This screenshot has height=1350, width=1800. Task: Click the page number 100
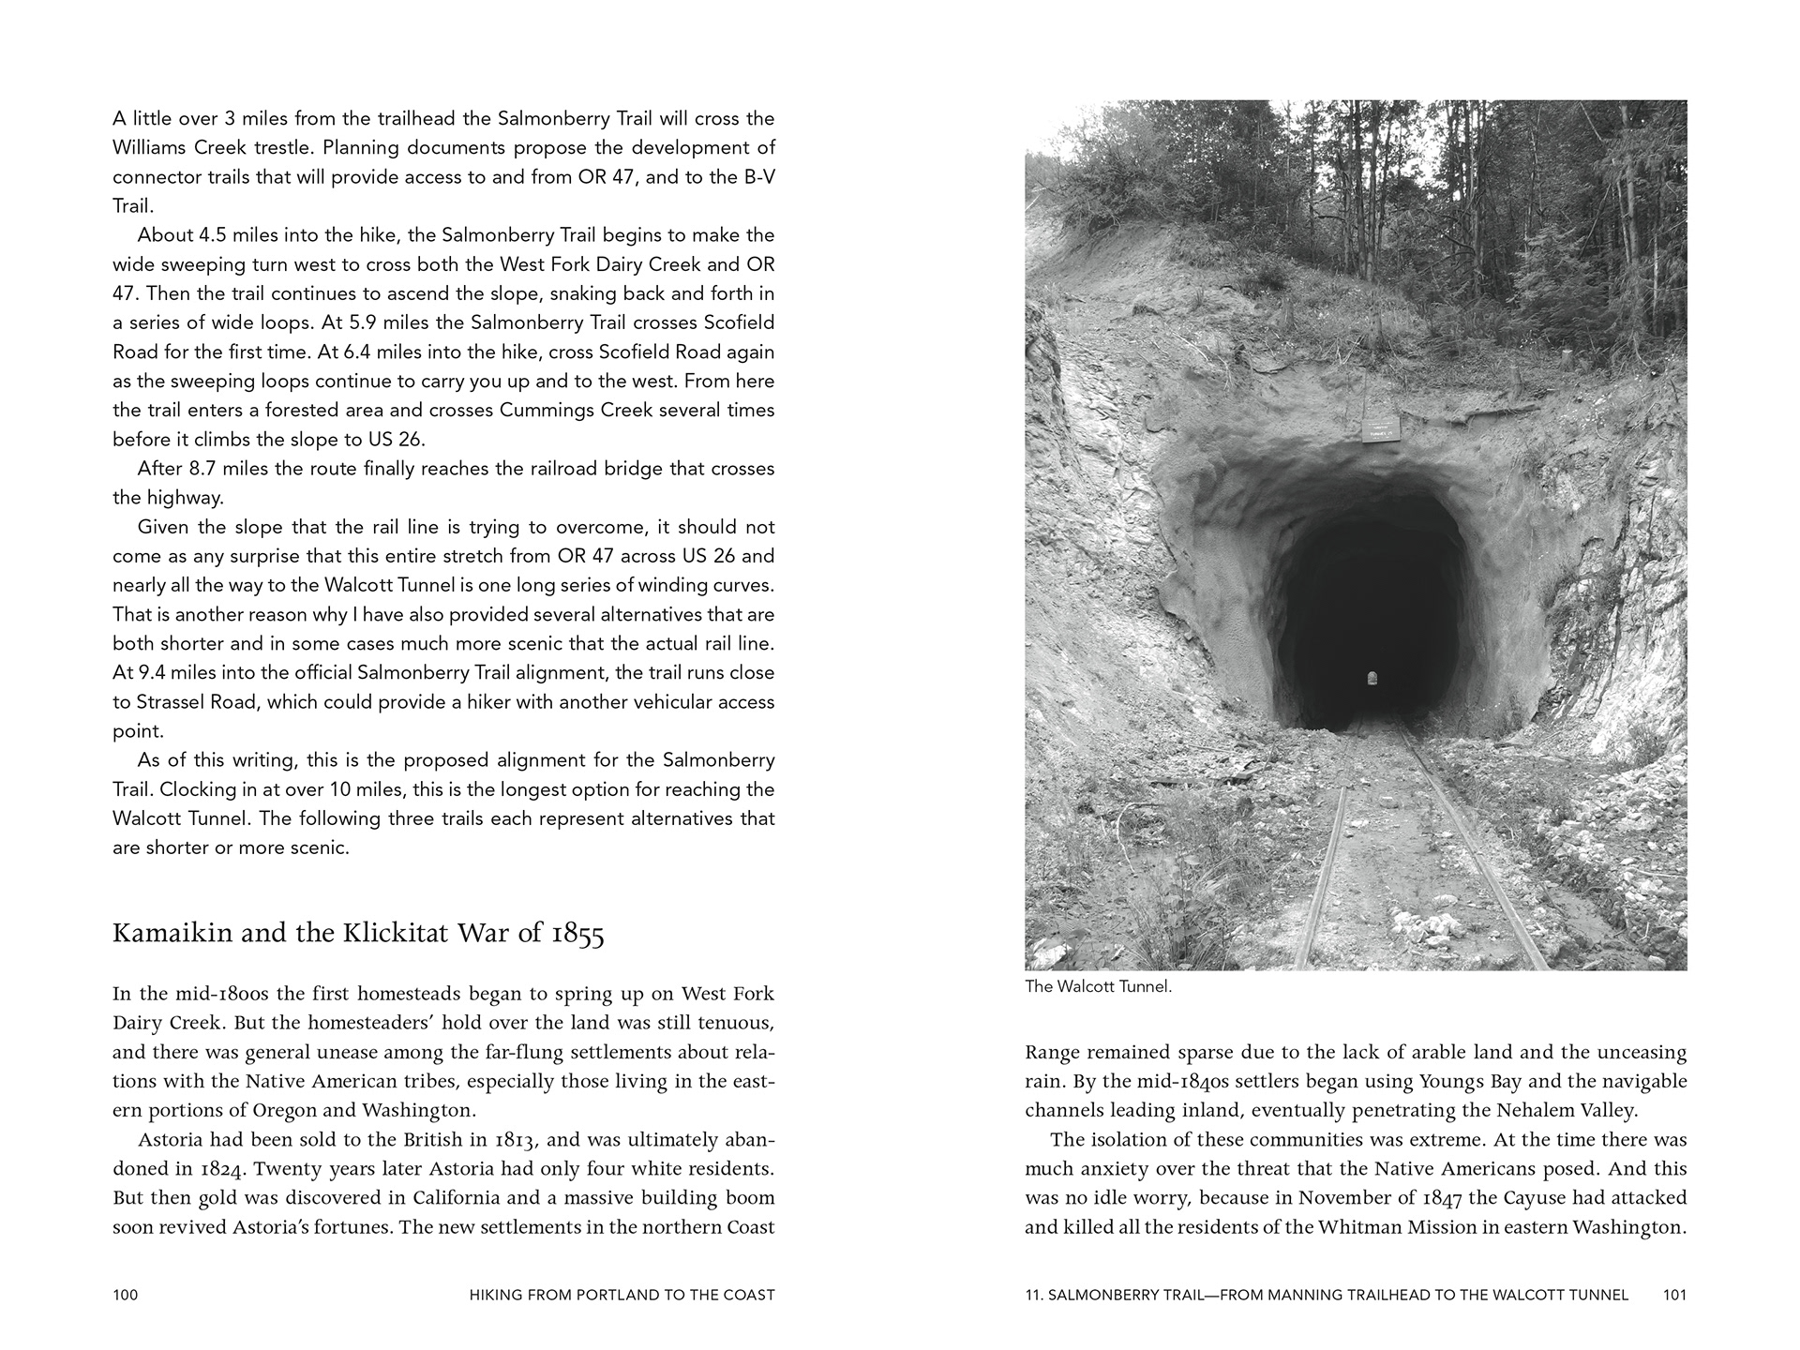point(125,1295)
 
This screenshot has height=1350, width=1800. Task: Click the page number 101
point(1674,1295)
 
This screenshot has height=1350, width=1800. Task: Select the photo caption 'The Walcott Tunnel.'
point(1098,987)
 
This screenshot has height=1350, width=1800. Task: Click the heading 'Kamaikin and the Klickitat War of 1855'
point(358,934)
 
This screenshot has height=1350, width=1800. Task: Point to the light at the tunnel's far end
point(1373,677)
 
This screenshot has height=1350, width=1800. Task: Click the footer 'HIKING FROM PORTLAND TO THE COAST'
point(622,1295)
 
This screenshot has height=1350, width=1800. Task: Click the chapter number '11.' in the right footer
point(1033,1295)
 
